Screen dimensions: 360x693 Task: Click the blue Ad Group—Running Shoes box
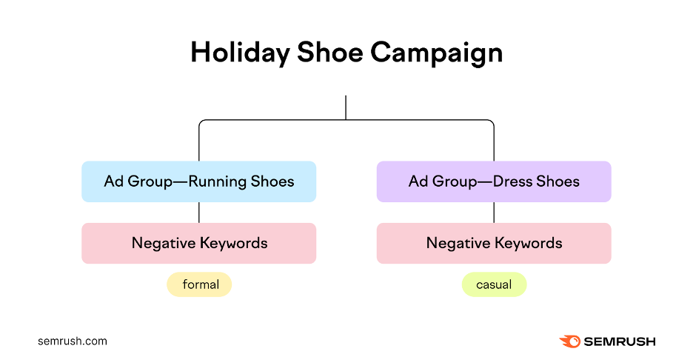[x=198, y=181]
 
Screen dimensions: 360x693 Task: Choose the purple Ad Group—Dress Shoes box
[x=494, y=181]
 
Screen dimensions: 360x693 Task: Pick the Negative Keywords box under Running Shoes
[x=198, y=243]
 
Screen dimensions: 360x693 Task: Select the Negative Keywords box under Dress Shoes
[x=494, y=243]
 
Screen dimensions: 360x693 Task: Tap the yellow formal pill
[x=199, y=284]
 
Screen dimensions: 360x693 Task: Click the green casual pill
[x=494, y=284]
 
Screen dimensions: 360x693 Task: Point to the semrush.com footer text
[x=73, y=341]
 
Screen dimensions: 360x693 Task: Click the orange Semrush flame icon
[x=569, y=341]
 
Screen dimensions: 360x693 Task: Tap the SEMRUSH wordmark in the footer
[x=620, y=341]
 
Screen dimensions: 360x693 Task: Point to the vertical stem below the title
[x=346, y=107]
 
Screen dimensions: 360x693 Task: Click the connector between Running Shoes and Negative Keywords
[x=198, y=213]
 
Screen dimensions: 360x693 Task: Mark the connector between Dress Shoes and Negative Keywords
[x=494, y=213]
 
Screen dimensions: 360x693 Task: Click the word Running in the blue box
[x=217, y=181]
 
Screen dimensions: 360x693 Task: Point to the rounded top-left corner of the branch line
[x=201, y=122]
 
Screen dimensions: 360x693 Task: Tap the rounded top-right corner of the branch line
[x=492, y=122]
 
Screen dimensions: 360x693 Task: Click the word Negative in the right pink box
[x=458, y=243]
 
